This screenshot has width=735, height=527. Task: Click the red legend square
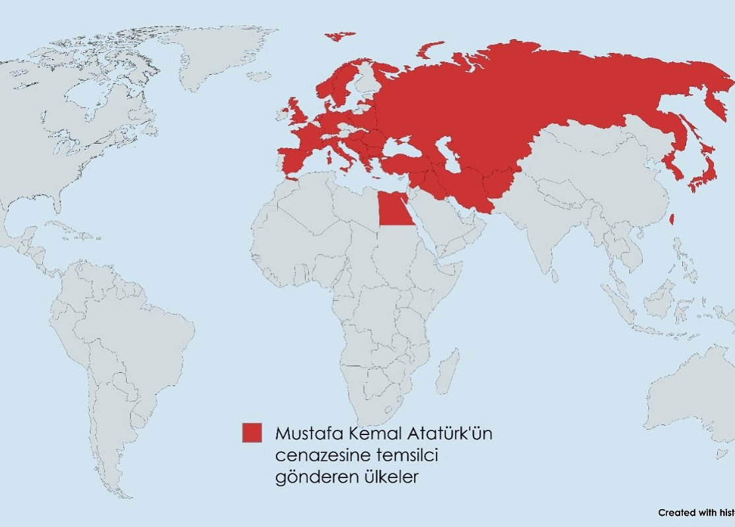252,432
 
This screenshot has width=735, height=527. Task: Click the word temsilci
403,456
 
